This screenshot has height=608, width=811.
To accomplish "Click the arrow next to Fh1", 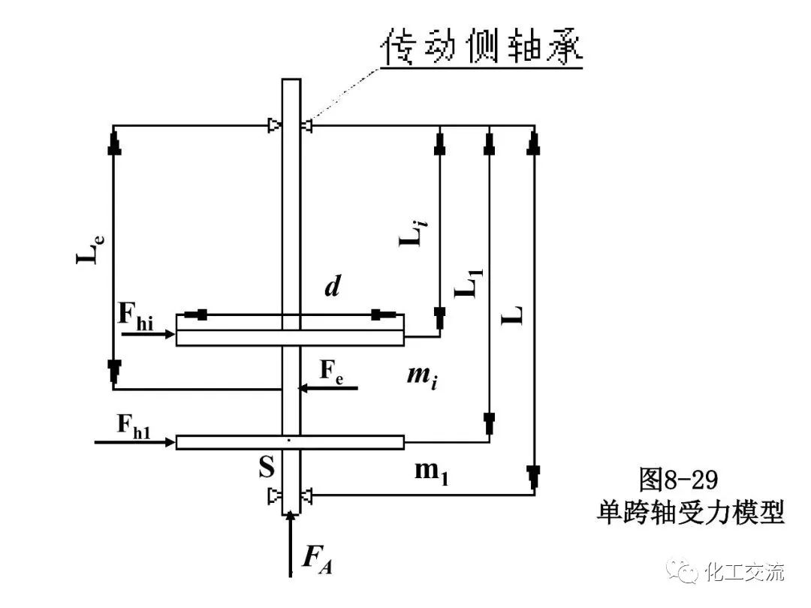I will [x=135, y=442].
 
